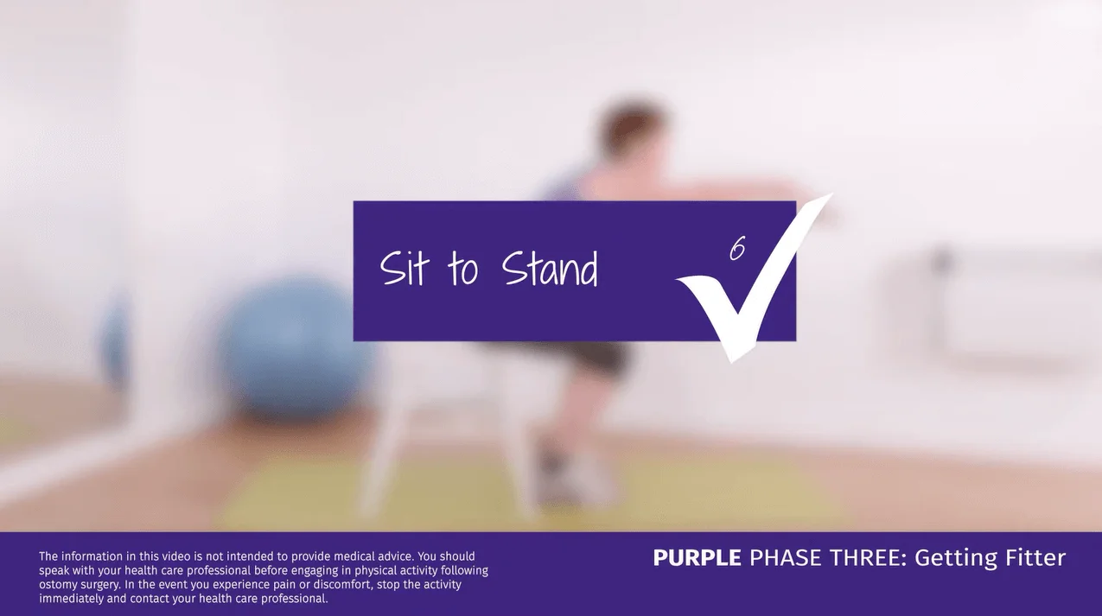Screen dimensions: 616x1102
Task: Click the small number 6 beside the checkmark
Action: tap(737, 249)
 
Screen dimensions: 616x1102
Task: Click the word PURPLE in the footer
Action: tap(697, 558)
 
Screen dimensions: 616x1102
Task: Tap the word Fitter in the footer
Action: tap(1033, 558)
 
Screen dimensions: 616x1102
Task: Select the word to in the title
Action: tap(462, 269)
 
